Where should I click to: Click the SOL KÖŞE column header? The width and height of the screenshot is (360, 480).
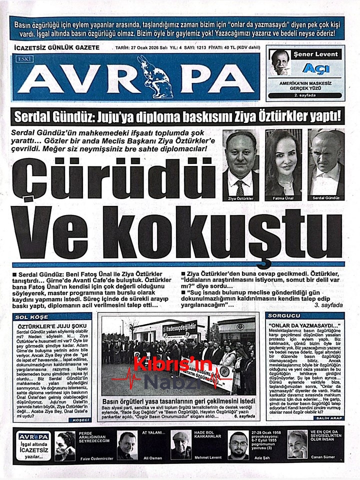(x=30, y=317)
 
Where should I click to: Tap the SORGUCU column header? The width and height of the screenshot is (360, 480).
(x=284, y=316)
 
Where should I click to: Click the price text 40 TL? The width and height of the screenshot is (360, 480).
(x=211, y=48)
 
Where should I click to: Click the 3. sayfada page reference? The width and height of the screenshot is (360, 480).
(x=328, y=304)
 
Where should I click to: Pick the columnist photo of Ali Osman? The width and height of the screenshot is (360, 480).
(x=127, y=445)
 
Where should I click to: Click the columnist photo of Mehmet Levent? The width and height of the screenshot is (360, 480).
(x=180, y=445)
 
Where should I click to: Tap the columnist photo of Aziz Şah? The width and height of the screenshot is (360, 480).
(x=238, y=445)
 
